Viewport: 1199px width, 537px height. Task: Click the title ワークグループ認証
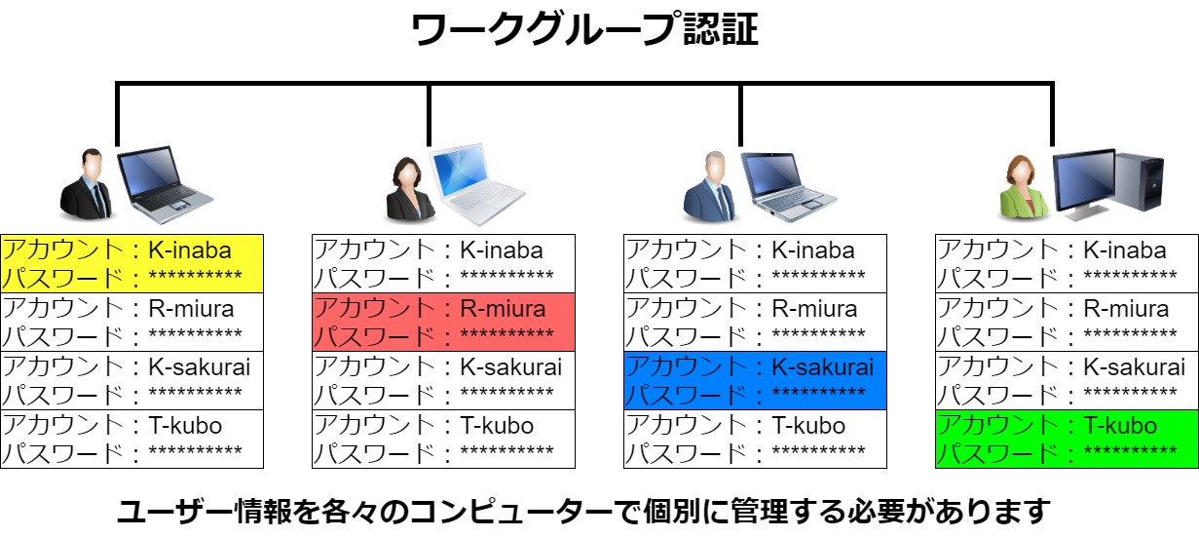584,31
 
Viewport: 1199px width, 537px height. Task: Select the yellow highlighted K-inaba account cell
132,263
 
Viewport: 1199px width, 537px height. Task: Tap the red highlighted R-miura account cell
444,322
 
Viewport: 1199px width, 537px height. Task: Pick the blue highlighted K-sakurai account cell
756,380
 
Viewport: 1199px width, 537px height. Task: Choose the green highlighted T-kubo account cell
1068,439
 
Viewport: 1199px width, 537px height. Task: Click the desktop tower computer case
1140,185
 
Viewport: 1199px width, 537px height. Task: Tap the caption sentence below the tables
584,511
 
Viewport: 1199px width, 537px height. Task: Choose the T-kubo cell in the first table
132,439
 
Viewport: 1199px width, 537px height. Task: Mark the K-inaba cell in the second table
444,263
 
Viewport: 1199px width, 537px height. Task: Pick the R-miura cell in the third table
756,322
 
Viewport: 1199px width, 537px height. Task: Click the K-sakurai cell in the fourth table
1068,380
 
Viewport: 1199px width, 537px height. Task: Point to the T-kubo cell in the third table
756,439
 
